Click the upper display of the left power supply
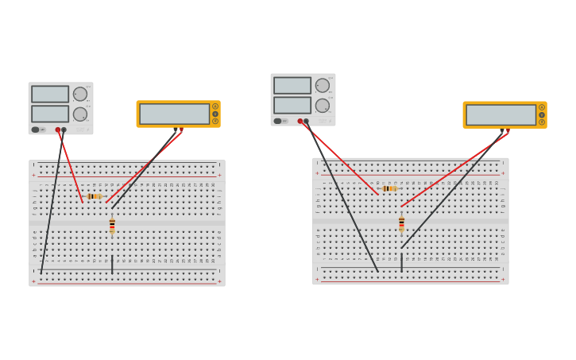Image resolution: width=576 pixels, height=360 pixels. point(50,94)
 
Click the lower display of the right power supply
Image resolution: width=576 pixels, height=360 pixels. point(292,105)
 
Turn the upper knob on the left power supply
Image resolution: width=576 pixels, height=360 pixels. point(80,94)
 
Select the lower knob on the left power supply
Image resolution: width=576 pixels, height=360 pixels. point(80,114)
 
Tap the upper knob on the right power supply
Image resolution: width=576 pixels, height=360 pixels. point(323,85)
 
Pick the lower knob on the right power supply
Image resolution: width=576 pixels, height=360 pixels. point(323,105)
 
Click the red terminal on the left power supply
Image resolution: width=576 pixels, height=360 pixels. point(58,130)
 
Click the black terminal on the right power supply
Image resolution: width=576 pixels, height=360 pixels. point(307,122)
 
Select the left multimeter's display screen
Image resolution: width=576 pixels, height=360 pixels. point(174,114)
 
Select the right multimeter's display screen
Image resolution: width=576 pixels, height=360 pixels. point(501,114)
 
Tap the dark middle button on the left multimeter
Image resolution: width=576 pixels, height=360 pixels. point(215,114)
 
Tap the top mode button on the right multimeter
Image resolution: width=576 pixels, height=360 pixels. point(542,107)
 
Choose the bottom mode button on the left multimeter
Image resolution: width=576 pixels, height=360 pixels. point(215,122)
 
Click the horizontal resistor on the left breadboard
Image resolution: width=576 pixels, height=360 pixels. point(94,196)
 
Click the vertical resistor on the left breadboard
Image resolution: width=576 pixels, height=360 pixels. point(112,226)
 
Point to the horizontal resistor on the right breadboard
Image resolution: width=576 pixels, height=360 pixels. point(389,188)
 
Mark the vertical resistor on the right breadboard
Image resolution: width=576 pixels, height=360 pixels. point(401,224)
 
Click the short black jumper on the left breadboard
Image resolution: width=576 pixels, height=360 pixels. point(112,265)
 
